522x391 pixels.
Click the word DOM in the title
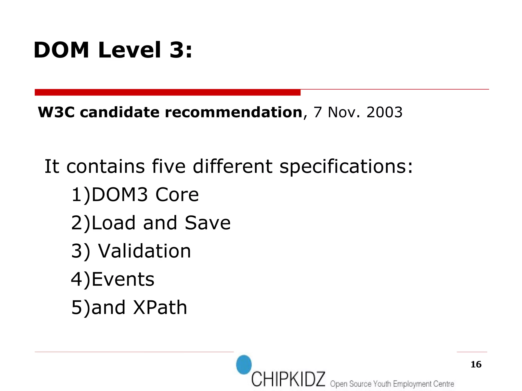pyautogui.click(x=61, y=50)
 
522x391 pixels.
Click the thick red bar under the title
pyautogui.click(x=167, y=92)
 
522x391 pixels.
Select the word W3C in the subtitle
pyautogui.click(x=56, y=112)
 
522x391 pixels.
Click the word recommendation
pyautogui.click(x=233, y=112)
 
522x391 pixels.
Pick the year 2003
pyautogui.click(x=384, y=112)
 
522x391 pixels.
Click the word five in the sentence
pyautogui.click(x=168, y=166)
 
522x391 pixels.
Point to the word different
pyautogui.click(x=232, y=166)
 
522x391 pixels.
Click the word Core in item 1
pyautogui.click(x=177, y=195)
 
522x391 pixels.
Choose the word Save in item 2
pyautogui.click(x=207, y=223)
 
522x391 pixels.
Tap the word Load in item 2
pyautogui.click(x=113, y=223)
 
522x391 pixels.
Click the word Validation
pyautogui.click(x=145, y=251)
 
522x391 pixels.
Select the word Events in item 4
pyautogui.click(x=123, y=279)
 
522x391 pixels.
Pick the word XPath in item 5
pyautogui.click(x=160, y=307)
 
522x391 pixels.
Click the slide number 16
pyautogui.click(x=476, y=364)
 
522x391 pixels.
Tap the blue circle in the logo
pyautogui.click(x=244, y=365)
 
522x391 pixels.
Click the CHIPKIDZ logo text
pyautogui.click(x=288, y=379)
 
